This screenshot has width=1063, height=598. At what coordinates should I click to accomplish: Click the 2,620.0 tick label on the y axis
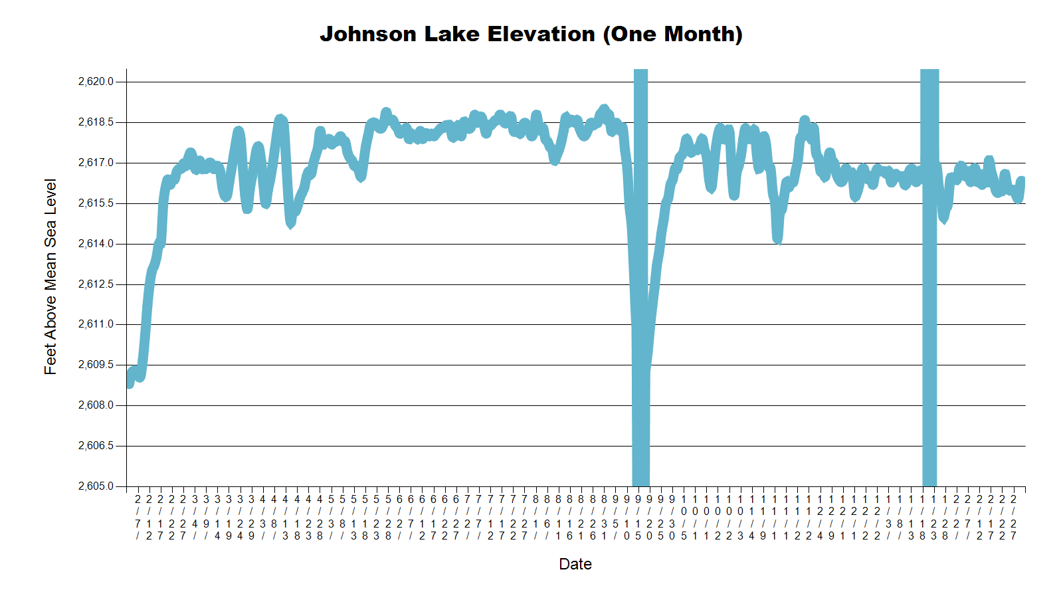tap(96, 82)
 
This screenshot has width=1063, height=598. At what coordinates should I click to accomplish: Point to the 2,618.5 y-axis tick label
tap(96, 122)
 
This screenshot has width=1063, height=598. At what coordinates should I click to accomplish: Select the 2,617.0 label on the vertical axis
tap(96, 163)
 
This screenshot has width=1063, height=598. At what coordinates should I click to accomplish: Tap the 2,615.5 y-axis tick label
tap(96, 203)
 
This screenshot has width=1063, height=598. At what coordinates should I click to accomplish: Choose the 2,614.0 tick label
tap(96, 244)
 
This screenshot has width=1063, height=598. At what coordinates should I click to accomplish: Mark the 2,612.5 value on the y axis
tap(96, 284)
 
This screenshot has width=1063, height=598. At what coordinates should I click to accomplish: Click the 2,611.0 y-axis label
tap(96, 324)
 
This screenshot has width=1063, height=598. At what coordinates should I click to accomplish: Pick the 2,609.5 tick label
tap(96, 365)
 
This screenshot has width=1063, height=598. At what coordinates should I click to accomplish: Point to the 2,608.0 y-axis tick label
tap(96, 405)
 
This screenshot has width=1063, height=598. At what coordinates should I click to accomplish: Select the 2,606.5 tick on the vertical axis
tap(96, 446)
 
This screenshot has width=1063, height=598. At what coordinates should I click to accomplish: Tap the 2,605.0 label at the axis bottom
tap(96, 486)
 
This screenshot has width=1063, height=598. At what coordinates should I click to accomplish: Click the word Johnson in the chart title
tap(368, 35)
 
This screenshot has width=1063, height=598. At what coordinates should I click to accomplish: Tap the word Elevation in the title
tap(541, 35)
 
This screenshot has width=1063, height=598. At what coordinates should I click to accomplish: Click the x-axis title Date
tap(575, 564)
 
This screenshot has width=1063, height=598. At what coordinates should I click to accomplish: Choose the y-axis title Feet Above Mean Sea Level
tap(50, 276)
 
